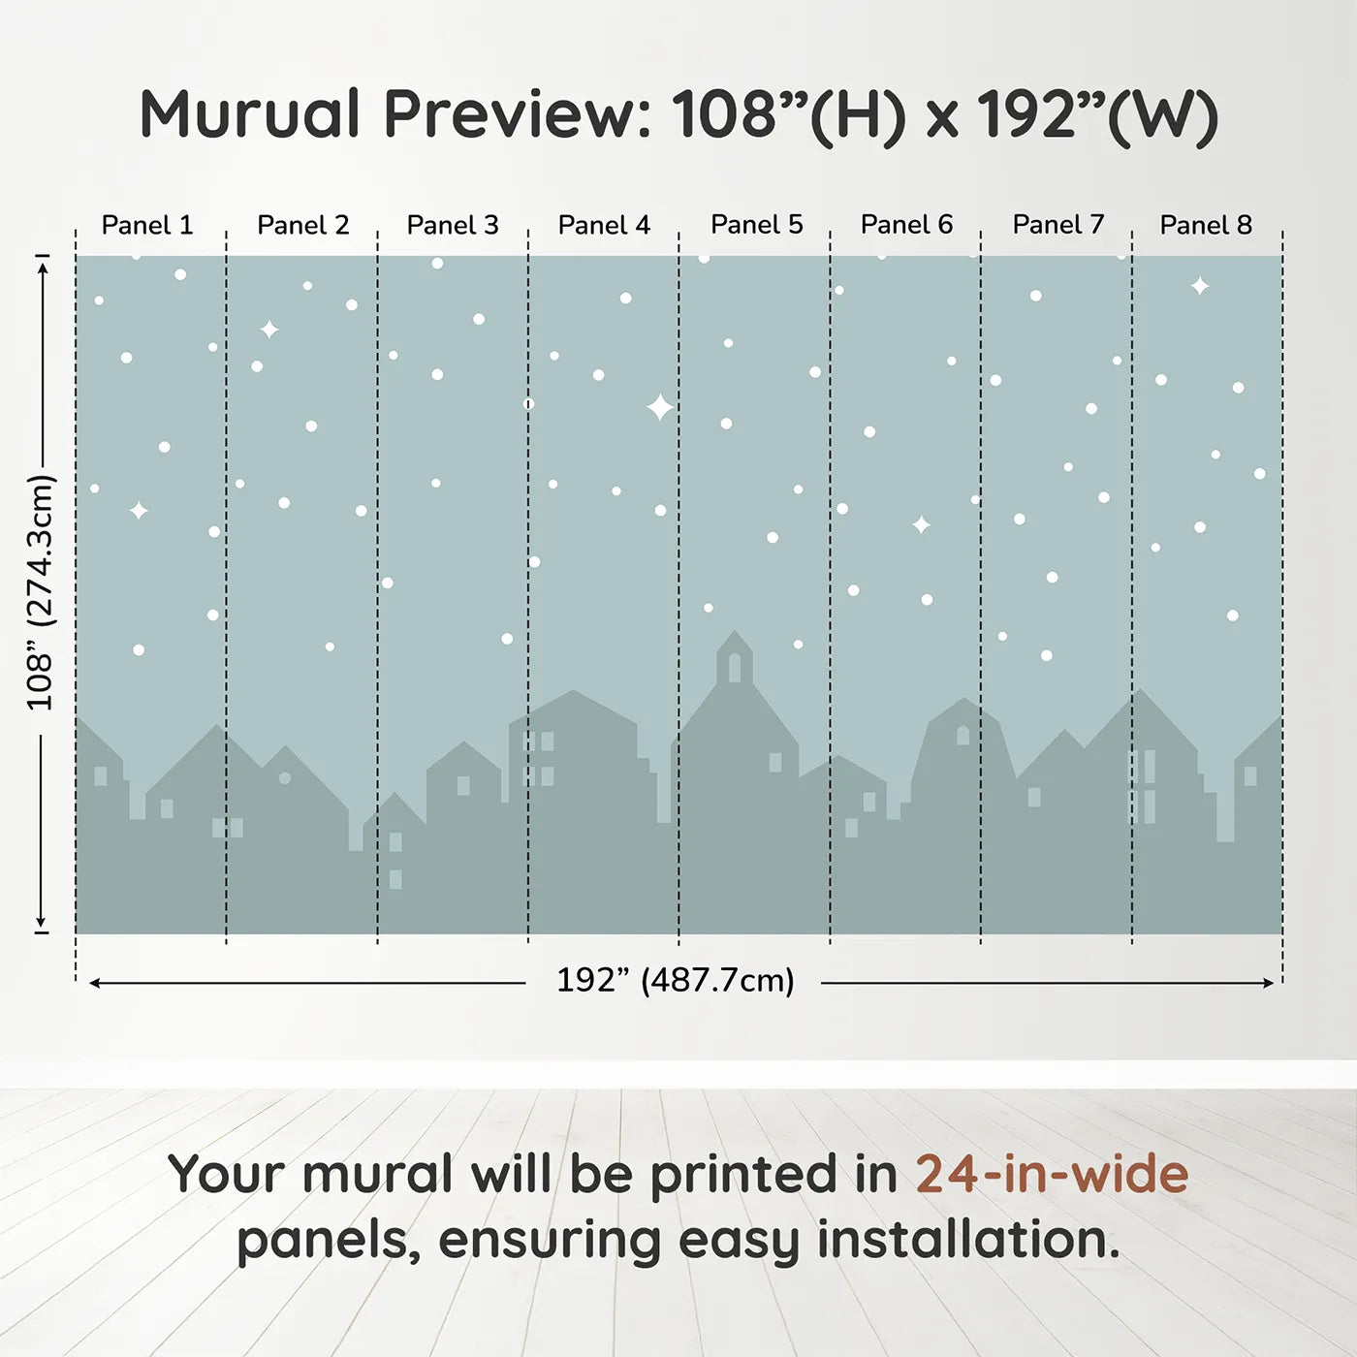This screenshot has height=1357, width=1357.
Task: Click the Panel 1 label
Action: (x=147, y=225)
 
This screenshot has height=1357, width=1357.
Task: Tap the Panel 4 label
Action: (x=604, y=225)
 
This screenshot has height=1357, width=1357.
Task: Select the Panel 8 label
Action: (x=1206, y=225)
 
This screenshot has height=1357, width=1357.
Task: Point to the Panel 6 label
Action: (x=906, y=225)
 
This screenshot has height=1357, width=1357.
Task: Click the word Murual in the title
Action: (x=250, y=114)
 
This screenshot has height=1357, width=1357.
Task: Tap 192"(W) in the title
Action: (x=1096, y=115)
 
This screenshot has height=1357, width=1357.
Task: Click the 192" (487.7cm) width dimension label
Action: (x=675, y=980)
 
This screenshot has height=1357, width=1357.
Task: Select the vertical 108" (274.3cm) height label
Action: (x=41, y=592)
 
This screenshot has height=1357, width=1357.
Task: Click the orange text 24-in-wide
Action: (x=1052, y=1174)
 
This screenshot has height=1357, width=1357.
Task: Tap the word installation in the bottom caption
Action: (x=966, y=1240)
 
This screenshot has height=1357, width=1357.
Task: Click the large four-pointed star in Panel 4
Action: (x=659, y=407)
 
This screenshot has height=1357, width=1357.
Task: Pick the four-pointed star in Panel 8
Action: (x=1200, y=286)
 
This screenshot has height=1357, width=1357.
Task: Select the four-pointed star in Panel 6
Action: (x=921, y=525)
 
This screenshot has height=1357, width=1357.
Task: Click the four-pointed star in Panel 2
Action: (x=269, y=330)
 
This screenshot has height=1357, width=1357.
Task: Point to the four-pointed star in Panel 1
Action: (x=139, y=510)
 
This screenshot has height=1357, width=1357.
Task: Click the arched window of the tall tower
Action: (x=735, y=667)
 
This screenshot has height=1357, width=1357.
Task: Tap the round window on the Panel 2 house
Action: (x=284, y=777)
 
